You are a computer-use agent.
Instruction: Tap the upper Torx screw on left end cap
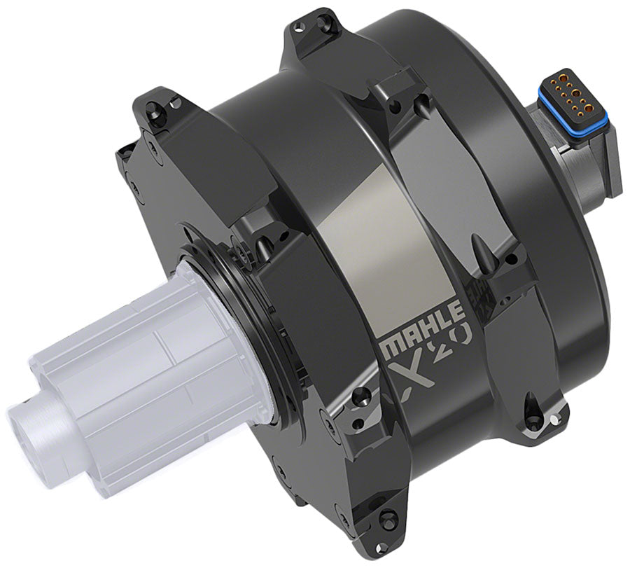pos(150,107)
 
